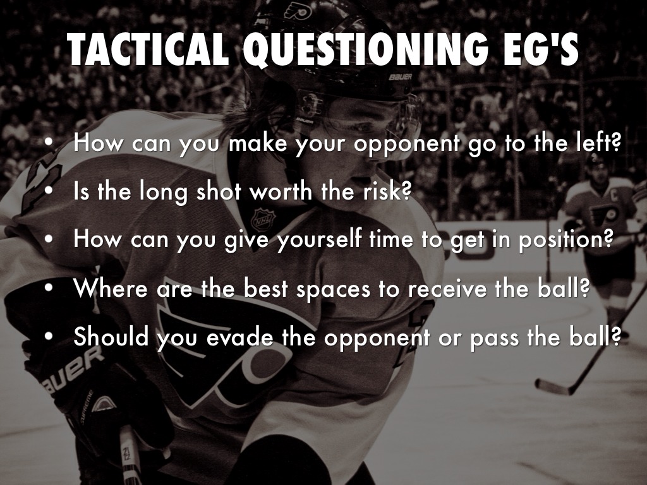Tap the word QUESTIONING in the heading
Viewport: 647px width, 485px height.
point(366,50)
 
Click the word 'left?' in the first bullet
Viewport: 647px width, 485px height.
point(598,142)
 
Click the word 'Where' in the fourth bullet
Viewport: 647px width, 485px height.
point(111,288)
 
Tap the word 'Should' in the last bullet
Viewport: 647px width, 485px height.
point(111,337)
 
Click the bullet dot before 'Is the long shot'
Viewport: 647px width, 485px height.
point(49,191)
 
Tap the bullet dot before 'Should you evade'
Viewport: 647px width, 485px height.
point(49,336)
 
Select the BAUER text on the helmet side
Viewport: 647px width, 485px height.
point(400,77)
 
